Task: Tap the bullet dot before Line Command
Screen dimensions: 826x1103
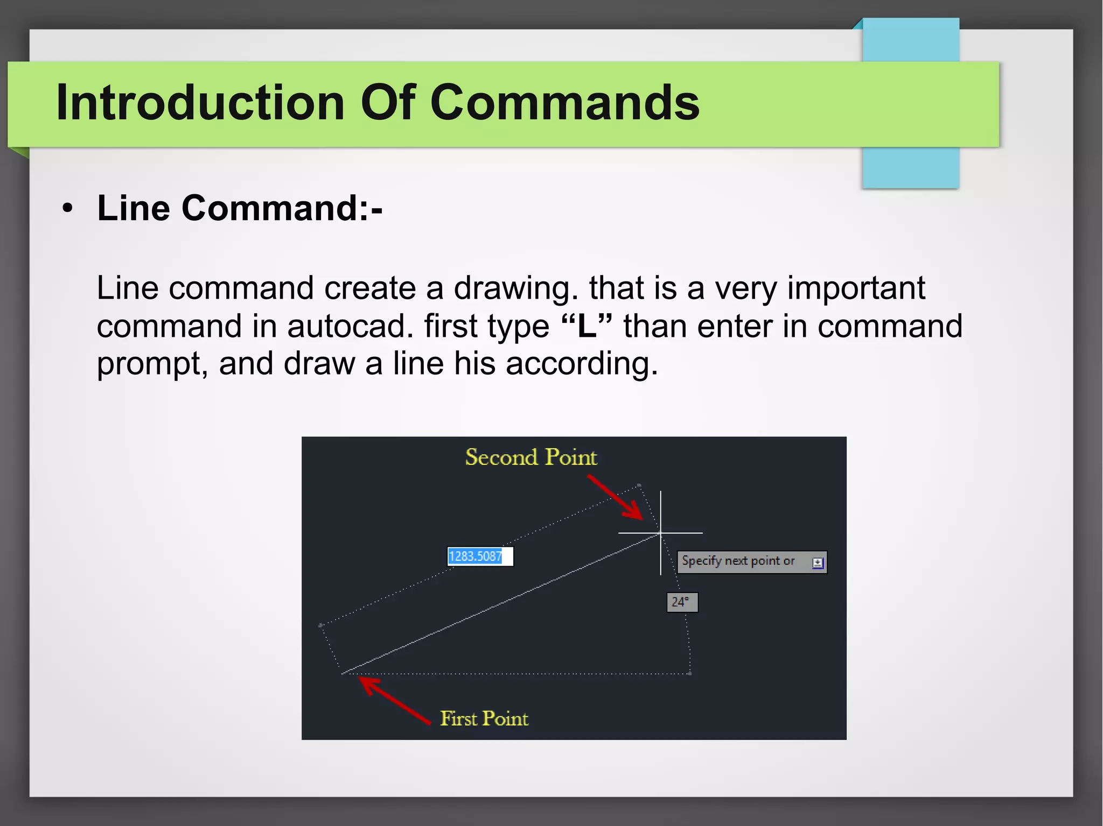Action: tap(67, 209)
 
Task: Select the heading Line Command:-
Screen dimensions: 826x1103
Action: tap(240, 208)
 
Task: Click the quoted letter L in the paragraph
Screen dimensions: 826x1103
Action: tap(587, 326)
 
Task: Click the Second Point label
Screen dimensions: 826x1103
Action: tap(530, 457)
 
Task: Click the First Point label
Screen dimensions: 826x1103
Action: tap(484, 719)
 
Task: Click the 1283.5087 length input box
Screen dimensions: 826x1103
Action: tap(480, 556)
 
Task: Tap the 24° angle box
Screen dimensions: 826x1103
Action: tap(682, 602)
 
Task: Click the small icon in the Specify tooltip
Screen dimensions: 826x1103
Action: tap(818, 563)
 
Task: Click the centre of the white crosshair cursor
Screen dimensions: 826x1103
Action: tap(660, 533)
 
